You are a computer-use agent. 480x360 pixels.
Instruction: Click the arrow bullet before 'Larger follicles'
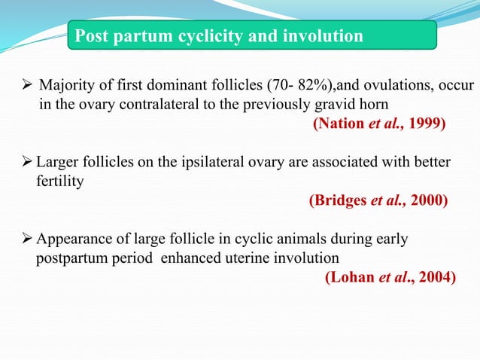pos(25,163)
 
